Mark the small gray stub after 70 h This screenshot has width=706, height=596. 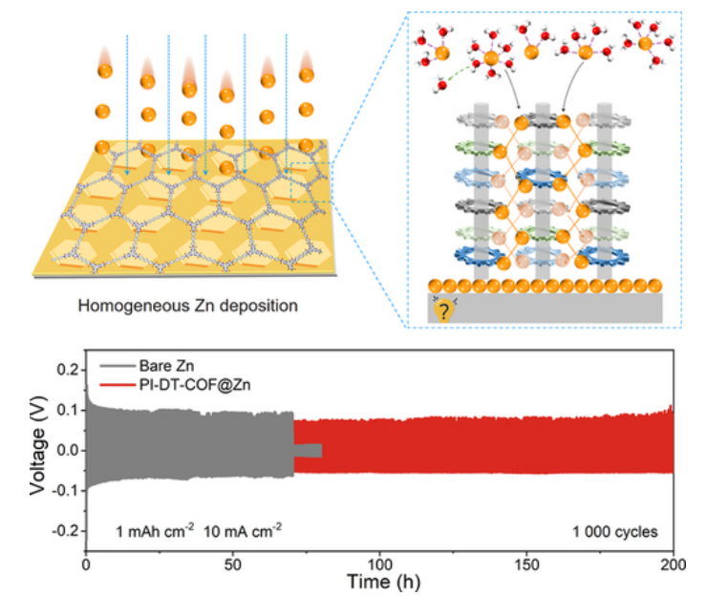click(x=308, y=451)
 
